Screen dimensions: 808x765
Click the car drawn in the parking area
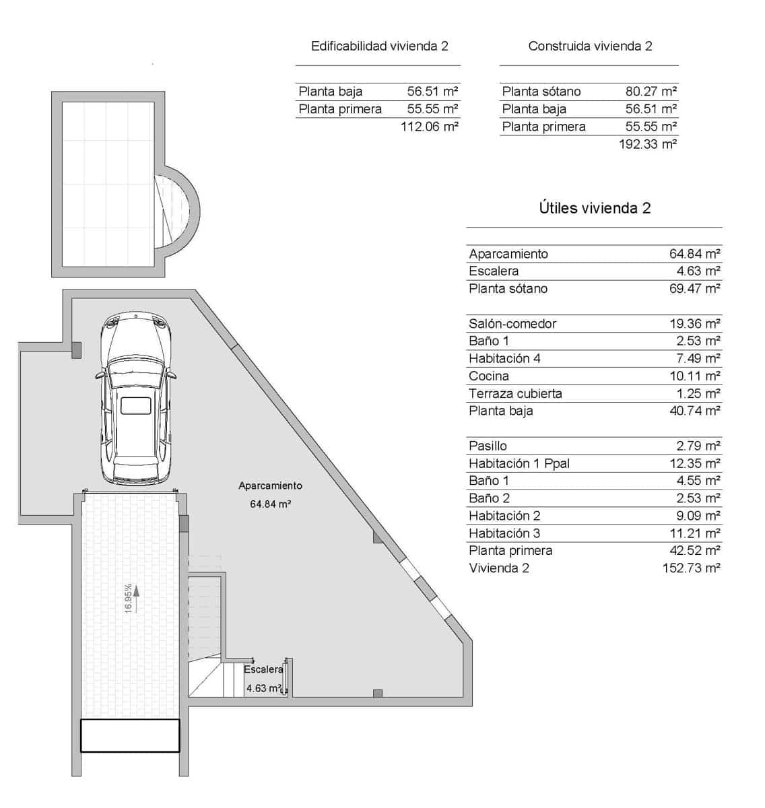[135, 398]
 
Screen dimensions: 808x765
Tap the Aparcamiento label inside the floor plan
[270, 485]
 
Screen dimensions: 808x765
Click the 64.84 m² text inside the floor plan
[270, 504]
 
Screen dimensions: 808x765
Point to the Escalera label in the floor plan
[263, 669]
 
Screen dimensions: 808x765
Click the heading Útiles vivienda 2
[594, 208]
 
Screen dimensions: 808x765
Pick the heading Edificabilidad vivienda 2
[379, 46]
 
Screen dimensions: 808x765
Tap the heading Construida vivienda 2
[590, 46]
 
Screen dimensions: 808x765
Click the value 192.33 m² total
[647, 143]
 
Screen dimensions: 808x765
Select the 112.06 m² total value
[429, 126]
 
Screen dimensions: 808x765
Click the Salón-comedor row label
[512, 324]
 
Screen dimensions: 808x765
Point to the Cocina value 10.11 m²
[694, 376]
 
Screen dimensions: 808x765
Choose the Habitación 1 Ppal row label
[519, 463]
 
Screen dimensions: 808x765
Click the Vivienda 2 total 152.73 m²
[691, 568]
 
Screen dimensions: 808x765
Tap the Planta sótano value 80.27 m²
[651, 92]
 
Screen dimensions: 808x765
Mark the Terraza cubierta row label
[515, 393]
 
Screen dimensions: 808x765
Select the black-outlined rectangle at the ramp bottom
[130, 735]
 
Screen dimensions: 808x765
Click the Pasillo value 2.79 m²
[698, 446]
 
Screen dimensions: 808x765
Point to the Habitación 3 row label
[504, 533]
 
